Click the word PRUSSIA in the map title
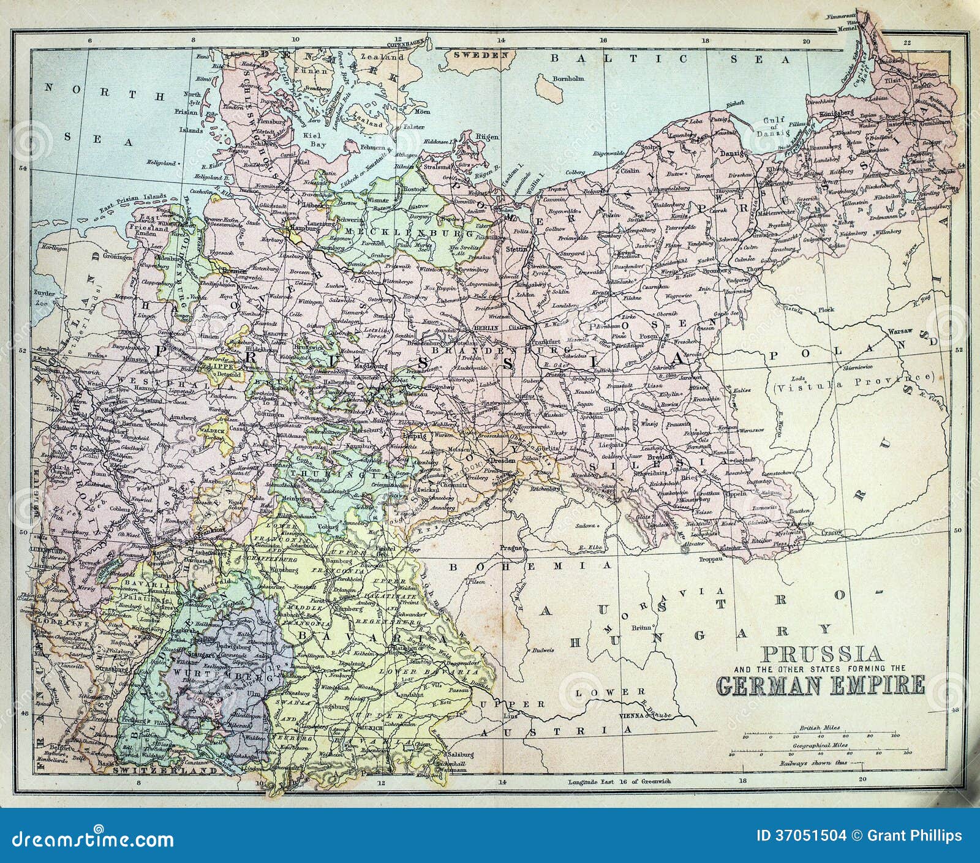(x=818, y=652)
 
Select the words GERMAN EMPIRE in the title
(x=820, y=684)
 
